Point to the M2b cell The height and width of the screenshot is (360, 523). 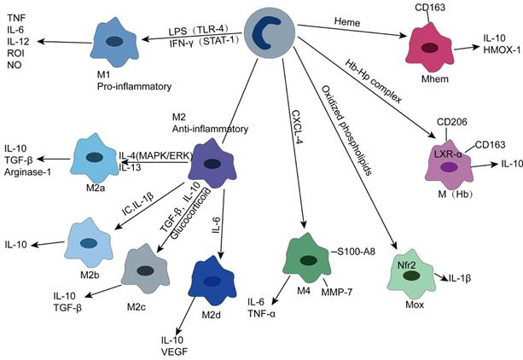88,241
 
